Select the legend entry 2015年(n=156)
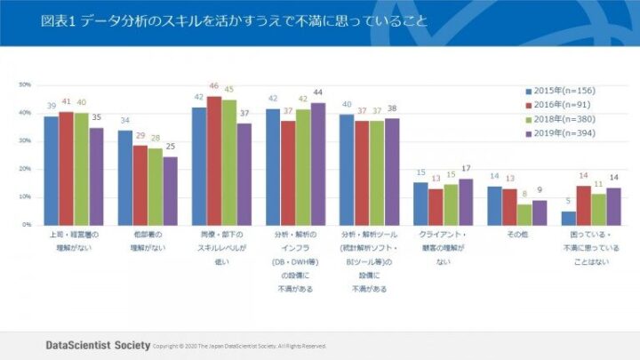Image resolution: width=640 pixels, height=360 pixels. pos(561,91)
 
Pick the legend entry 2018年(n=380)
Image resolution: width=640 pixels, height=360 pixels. pos(561,119)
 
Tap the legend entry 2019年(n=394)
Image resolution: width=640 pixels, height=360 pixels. pos(561,133)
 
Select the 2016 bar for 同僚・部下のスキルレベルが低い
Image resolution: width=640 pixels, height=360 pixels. pos(214,160)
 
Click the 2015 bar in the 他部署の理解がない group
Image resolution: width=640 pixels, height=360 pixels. pos(125,178)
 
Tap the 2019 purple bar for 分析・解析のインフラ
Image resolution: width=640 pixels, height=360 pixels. pos(317,164)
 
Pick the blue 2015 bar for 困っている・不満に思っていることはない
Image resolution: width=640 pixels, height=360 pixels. pos(568,218)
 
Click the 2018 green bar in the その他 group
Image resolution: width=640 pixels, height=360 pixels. pos(524,214)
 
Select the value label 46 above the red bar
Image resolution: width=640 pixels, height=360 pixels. pos(214,86)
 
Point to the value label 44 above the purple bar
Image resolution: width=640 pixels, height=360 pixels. pos(317,92)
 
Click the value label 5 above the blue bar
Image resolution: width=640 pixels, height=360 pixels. pos(568,202)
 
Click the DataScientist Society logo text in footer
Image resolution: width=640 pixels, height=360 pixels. pos(98,343)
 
